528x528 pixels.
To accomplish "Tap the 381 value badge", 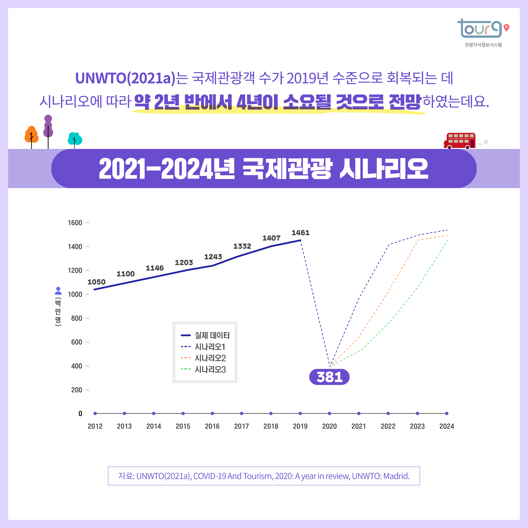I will (x=329, y=377).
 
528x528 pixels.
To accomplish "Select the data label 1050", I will (x=96, y=282).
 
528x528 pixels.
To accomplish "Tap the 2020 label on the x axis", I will (x=329, y=426).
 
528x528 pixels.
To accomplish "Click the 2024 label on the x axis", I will (x=446, y=426).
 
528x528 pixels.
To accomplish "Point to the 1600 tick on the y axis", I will (x=75, y=223).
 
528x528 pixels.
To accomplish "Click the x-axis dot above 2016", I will (x=212, y=414).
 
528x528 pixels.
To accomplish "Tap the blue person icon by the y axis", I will (x=58, y=291).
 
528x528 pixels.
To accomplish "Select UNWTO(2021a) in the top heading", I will (x=125, y=78).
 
